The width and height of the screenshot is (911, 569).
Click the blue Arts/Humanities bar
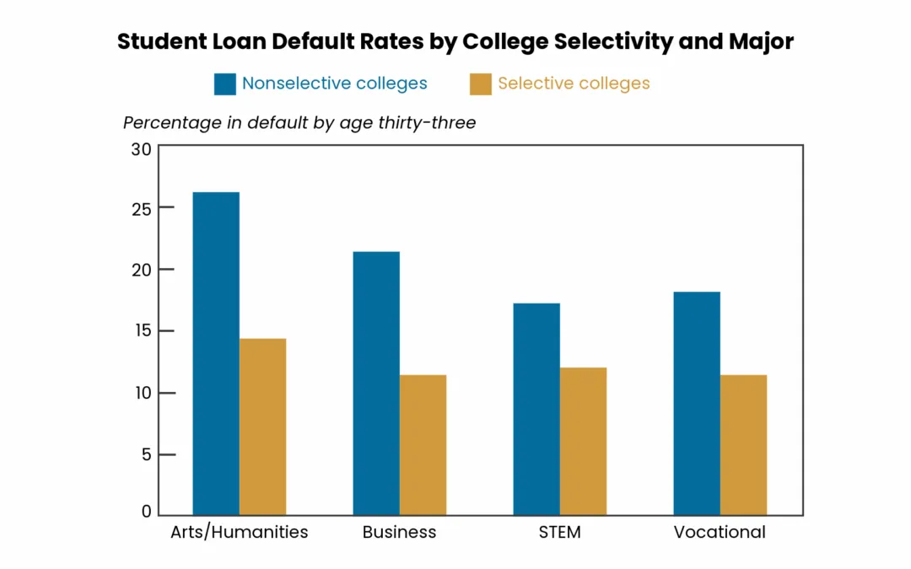point(216,353)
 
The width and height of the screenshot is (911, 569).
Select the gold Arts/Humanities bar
point(262,427)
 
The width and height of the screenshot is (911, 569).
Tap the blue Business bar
point(376,384)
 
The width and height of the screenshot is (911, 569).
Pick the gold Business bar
point(423,445)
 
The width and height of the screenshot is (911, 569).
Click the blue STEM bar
point(536,409)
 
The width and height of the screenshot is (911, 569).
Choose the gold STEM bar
point(584,441)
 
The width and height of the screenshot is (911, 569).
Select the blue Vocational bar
point(698,404)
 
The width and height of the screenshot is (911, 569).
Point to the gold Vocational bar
point(744,445)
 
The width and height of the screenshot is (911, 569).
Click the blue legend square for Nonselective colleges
point(225,84)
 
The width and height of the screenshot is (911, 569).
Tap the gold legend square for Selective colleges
point(481,84)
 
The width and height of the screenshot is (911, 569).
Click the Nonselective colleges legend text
point(335,83)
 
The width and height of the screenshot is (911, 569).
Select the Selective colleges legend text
point(574,83)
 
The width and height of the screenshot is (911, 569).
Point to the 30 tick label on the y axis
point(141,150)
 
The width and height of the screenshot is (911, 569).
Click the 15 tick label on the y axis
point(142,331)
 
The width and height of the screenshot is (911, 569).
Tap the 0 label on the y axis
point(147,511)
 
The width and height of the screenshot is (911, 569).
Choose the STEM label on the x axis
point(559,533)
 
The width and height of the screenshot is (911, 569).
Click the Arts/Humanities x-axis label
point(240,533)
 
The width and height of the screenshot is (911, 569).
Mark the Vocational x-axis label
point(720,533)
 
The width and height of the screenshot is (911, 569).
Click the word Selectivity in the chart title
point(613,42)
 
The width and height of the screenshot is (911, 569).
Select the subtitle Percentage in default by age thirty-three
point(299,123)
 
